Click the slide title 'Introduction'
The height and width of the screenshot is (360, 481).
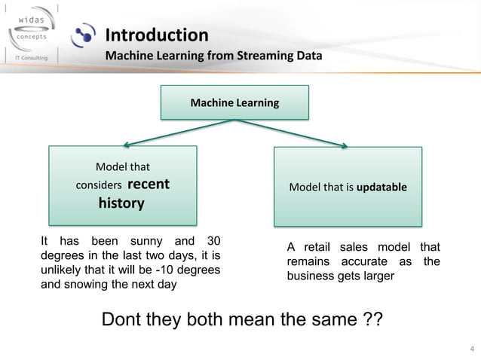tap(156, 35)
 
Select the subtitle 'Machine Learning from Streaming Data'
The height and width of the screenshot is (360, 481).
tap(213, 56)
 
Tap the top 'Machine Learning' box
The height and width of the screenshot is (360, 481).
tap(234, 102)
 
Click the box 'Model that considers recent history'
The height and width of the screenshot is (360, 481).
tap(123, 185)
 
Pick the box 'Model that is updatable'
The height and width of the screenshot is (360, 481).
tap(348, 187)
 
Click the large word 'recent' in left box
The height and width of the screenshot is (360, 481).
tap(149, 184)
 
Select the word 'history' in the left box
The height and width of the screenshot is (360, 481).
tap(121, 203)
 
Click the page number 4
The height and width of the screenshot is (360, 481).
tap(472, 348)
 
